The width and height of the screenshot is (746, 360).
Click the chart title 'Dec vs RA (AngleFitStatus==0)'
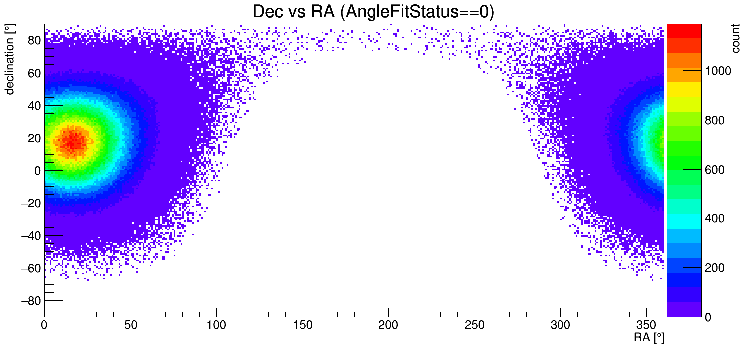point(373,12)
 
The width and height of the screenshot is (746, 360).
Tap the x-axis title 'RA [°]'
point(649,338)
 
